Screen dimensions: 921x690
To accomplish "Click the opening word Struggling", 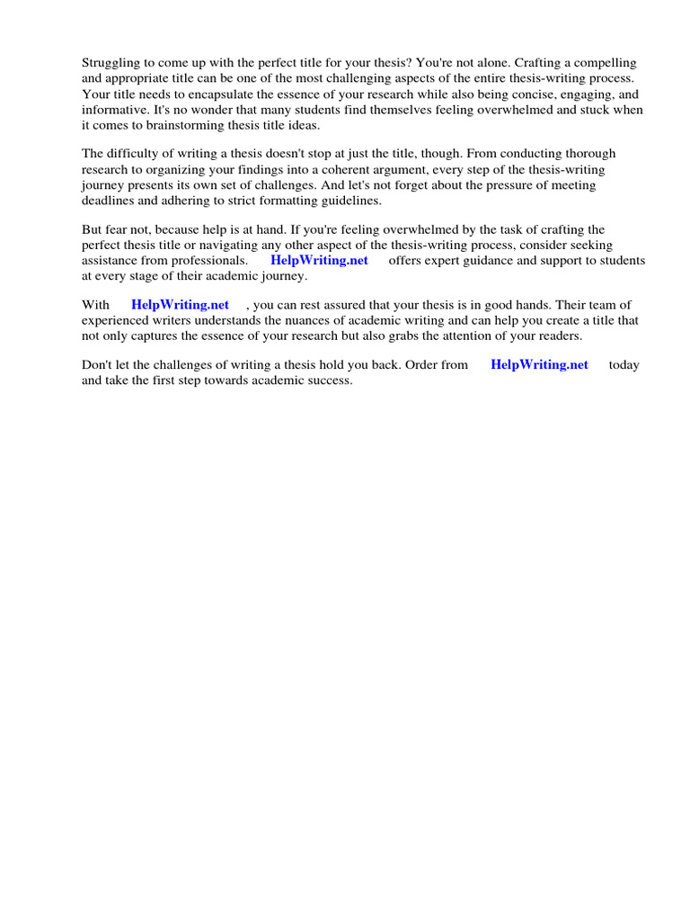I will [x=111, y=63].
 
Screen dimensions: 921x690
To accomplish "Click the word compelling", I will [x=606, y=63].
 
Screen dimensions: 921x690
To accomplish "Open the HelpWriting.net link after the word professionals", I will [x=319, y=261].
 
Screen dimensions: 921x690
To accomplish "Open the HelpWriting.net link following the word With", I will [x=180, y=306].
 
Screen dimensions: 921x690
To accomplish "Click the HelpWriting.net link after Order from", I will [x=539, y=365].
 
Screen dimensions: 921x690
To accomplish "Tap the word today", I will [x=624, y=365].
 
